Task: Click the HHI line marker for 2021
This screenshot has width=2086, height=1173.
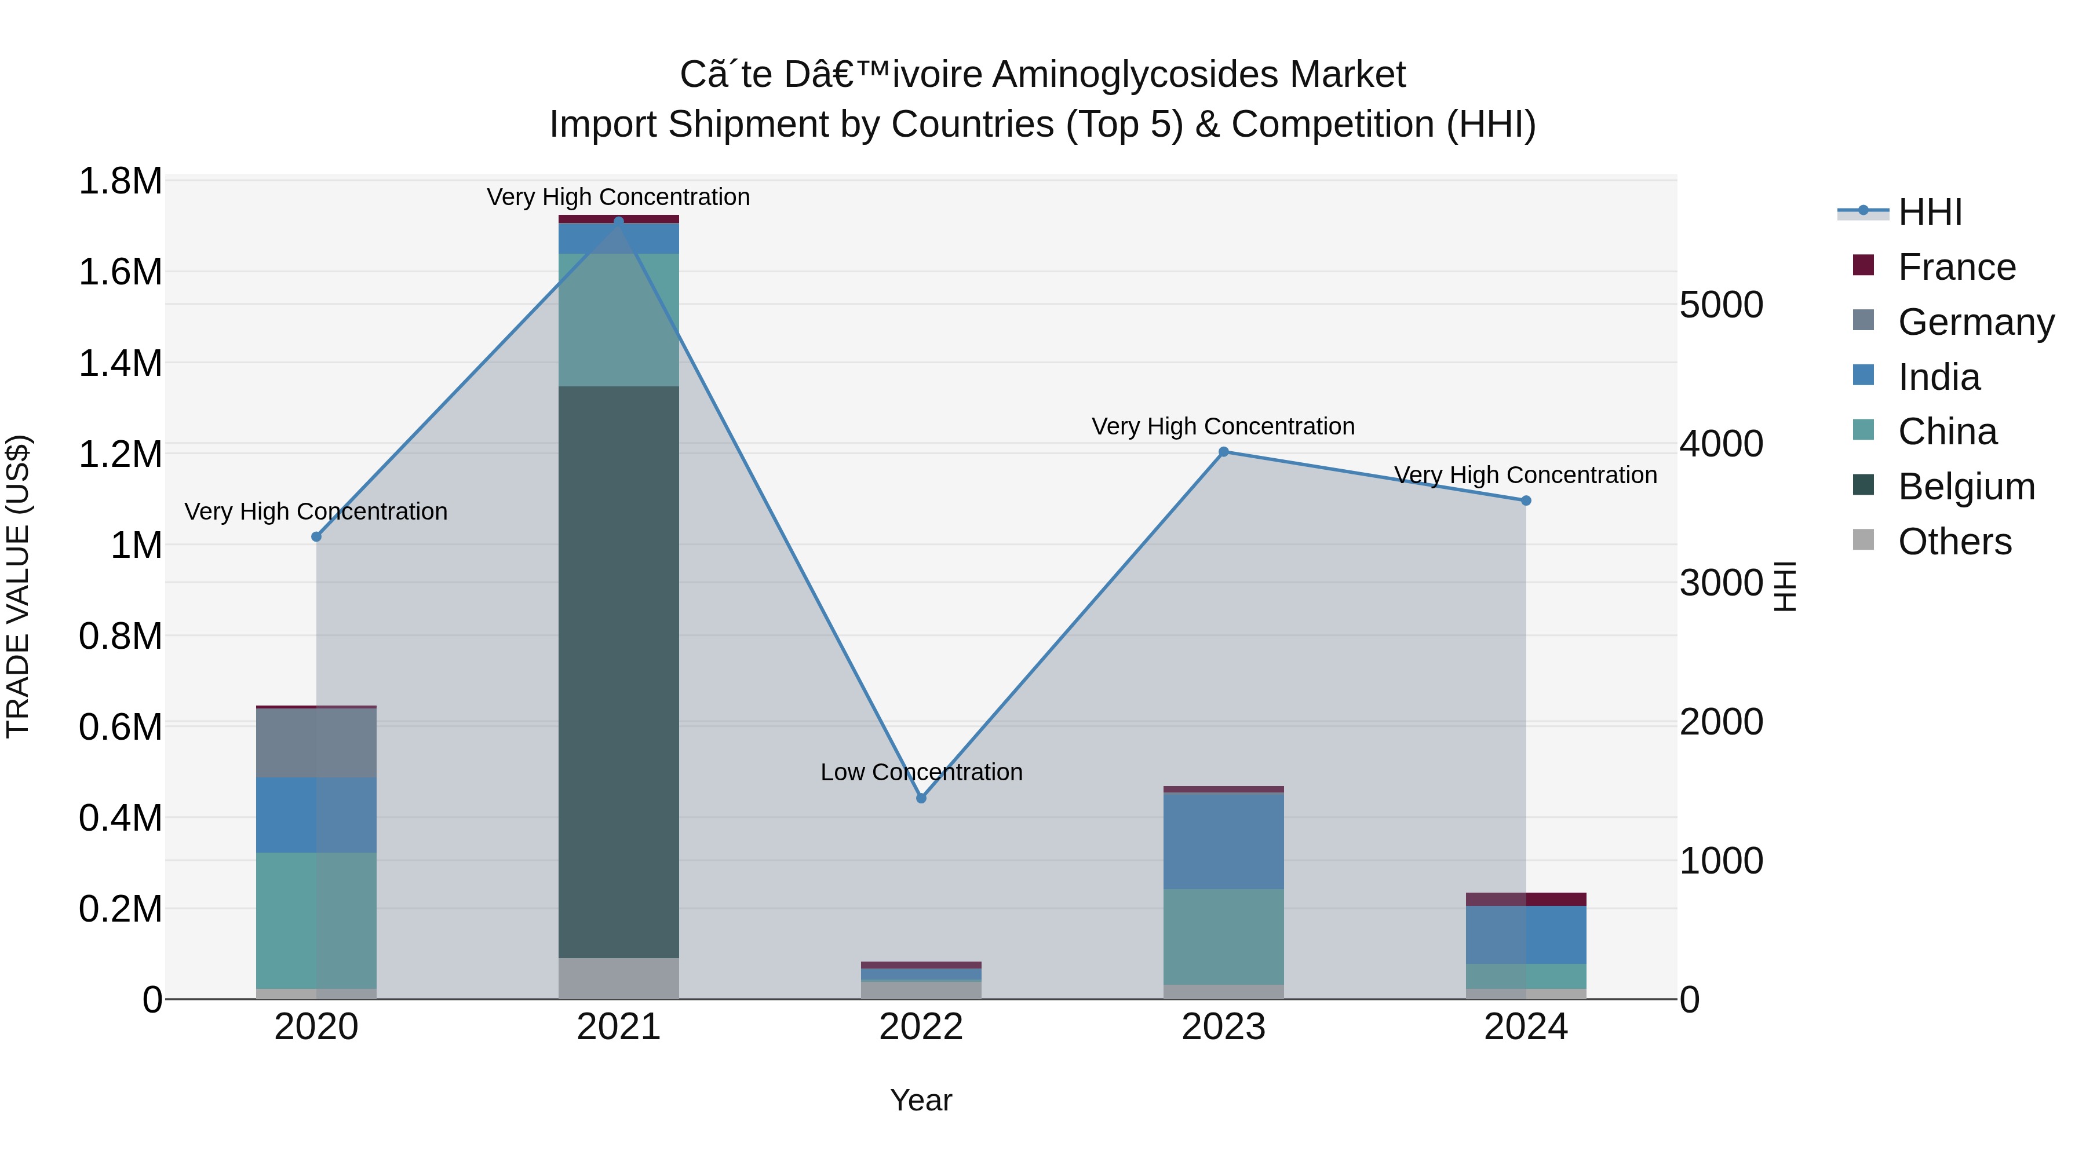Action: point(619,221)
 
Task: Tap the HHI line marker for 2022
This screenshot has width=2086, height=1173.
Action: point(921,798)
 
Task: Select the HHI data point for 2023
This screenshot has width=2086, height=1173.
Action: point(1224,452)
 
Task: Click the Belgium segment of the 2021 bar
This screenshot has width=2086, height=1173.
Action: point(619,672)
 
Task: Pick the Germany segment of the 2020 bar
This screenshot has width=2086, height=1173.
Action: point(316,743)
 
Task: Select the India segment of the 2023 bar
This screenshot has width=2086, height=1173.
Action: point(1224,841)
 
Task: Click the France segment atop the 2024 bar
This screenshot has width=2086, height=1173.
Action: point(1526,900)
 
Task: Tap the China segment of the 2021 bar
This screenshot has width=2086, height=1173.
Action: point(619,320)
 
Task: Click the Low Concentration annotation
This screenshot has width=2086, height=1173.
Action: point(921,772)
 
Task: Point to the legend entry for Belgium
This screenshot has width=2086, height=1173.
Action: point(1965,487)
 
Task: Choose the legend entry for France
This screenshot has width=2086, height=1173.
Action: point(1956,267)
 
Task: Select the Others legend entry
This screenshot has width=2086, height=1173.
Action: point(1954,542)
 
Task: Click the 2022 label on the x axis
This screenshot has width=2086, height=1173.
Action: point(921,1027)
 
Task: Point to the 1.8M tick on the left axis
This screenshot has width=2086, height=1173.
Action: point(120,181)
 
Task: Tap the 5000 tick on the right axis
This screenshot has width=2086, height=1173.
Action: point(1721,305)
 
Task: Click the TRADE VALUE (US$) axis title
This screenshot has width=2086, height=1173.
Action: point(18,586)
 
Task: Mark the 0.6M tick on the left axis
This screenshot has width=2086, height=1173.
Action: point(120,727)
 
